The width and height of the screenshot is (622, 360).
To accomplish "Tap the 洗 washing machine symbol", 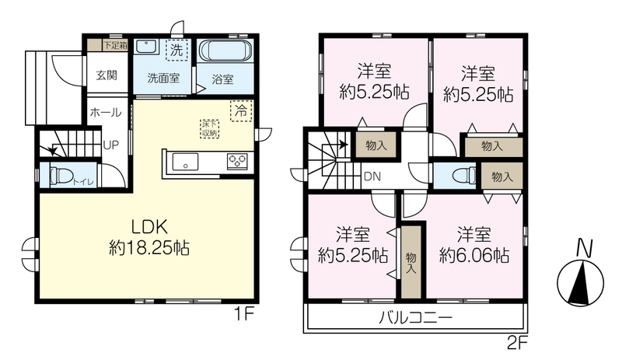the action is (x=176, y=50).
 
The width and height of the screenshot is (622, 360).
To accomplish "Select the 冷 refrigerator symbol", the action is (x=241, y=110).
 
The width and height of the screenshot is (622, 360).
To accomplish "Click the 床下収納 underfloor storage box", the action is (x=209, y=128).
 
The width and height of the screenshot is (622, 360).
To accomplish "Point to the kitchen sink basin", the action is (x=185, y=162).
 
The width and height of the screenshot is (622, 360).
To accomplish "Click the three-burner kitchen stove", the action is (x=237, y=162).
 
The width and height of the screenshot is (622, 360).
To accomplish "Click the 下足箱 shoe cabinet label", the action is (x=115, y=45).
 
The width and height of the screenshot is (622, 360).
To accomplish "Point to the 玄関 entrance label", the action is (x=107, y=75).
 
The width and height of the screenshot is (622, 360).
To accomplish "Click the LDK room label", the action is (x=149, y=227).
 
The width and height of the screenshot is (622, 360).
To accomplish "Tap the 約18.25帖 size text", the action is (x=149, y=249).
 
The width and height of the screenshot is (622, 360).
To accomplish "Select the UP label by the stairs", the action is (x=111, y=145).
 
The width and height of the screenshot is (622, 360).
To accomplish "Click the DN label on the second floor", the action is (x=372, y=177).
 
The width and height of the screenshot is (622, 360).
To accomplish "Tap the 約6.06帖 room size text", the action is (x=474, y=255).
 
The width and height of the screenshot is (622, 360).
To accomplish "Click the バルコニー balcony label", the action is (x=415, y=318).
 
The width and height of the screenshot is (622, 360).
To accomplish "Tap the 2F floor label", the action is (x=516, y=342).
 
